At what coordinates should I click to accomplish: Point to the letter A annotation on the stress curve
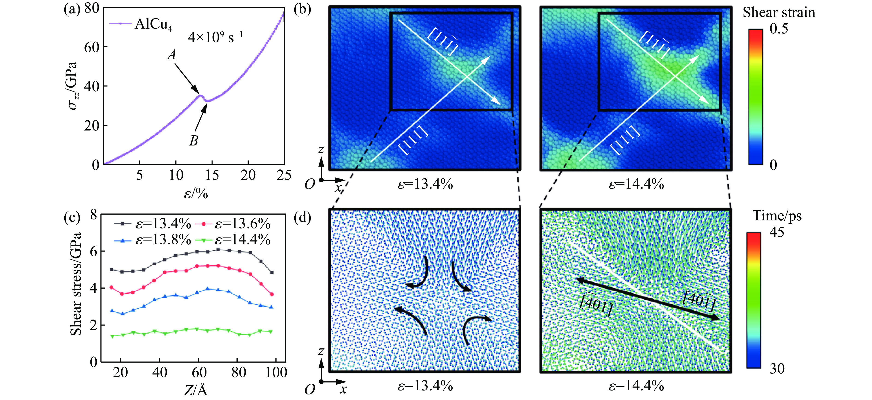point(172,54)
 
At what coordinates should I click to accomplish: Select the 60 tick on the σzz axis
point(91,47)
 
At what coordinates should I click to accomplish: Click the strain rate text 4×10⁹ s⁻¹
point(215,37)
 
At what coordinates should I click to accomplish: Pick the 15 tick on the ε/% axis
point(212,175)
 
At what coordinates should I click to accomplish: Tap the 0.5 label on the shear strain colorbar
point(779,29)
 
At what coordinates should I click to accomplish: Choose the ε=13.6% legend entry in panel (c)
point(242,224)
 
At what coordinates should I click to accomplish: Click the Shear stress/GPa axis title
point(76,284)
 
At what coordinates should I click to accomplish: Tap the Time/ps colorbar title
point(777,216)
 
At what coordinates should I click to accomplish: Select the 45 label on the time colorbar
point(776,232)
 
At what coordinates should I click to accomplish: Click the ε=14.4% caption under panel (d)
point(636,386)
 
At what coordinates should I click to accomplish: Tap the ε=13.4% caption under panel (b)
point(425,184)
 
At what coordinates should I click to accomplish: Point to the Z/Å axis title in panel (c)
point(196,390)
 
